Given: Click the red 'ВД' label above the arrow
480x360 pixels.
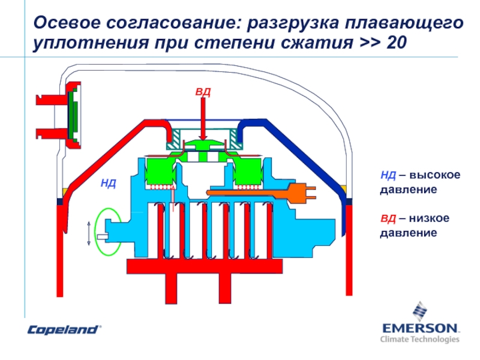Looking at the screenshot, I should (203, 92).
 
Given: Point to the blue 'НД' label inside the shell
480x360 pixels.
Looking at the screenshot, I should (108, 182).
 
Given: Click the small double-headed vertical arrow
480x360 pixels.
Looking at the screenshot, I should (89, 233).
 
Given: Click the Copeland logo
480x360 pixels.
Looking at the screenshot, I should (63, 329).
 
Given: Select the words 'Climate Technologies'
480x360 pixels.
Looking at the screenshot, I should (419, 339).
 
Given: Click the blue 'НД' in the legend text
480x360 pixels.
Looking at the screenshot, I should (388, 175).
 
